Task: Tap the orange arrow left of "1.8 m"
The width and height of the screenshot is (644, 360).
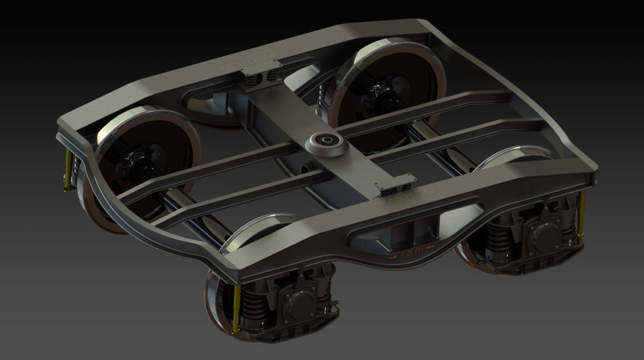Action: [393, 258]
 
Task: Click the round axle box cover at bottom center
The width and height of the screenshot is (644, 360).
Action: [294, 304]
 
